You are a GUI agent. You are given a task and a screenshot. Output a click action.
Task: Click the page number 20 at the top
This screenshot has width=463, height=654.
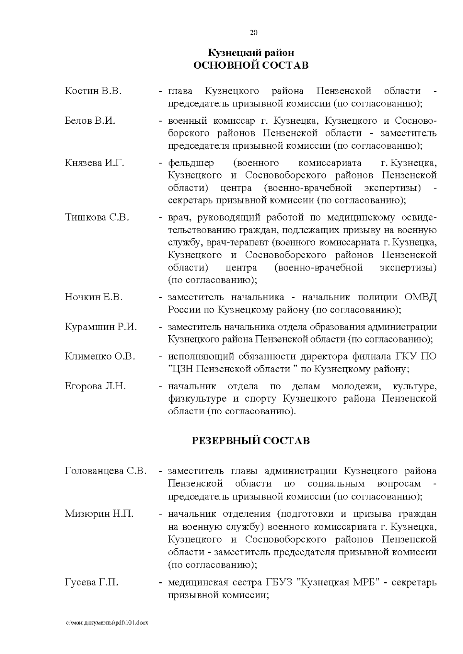(x=253, y=32)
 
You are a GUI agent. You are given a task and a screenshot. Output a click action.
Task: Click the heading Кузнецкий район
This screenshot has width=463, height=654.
(x=251, y=52)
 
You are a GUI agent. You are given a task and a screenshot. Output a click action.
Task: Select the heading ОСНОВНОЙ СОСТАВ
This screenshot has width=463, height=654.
(x=251, y=65)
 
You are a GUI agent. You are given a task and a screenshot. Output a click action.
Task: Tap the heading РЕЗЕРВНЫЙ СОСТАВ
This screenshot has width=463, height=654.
(x=251, y=440)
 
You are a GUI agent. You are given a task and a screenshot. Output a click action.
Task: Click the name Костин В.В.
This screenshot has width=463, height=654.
(x=93, y=91)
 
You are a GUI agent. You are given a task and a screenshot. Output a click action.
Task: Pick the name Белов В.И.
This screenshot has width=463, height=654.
(x=90, y=121)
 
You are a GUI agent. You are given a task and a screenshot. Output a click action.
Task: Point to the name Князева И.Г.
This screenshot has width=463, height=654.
(x=95, y=163)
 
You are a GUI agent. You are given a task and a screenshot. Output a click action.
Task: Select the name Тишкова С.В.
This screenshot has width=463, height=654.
(x=97, y=217)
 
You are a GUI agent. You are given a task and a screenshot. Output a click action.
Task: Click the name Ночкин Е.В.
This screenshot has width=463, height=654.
(x=94, y=297)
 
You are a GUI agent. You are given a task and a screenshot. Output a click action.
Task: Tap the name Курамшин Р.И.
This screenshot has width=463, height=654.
(x=101, y=327)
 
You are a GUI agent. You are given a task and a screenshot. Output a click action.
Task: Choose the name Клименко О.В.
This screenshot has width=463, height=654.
(x=100, y=356)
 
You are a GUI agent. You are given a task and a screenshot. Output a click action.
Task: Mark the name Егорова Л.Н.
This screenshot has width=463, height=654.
(x=95, y=386)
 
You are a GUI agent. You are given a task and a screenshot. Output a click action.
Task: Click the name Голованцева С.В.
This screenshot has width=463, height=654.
(x=106, y=471)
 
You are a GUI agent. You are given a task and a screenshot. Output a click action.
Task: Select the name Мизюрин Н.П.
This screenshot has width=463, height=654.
(x=99, y=514)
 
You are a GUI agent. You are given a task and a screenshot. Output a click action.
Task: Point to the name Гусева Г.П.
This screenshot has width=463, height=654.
(x=91, y=582)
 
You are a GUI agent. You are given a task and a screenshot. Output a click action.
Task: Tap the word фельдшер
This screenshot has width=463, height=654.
(x=191, y=163)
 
